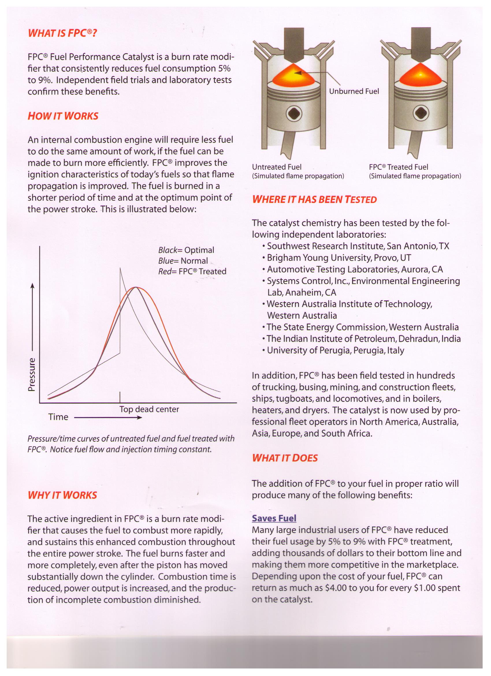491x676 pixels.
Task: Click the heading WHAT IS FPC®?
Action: pyautogui.click(x=62, y=33)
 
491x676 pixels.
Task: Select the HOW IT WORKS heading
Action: pyautogui.click(x=63, y=116)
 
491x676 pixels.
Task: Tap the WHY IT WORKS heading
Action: pyautogui.click(x=62, y=495)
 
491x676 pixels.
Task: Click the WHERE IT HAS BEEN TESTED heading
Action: pyautogui.click(x=315, y=200)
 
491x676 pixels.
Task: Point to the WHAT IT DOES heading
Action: pyautogui.click(x=285, y=458)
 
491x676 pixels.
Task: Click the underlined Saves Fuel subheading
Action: pyautogui.click(x=274, y=518)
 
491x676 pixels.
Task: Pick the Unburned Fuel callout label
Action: pyautogui.click(x=354, y=91)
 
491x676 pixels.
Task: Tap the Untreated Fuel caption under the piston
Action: pyautogui.click(x=277, y=167)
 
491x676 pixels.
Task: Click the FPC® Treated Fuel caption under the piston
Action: pyautogui.click(x=398, y=167)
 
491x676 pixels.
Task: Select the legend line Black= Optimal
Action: pyautogui.click(x=186, y=250)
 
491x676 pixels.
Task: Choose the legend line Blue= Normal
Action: pyautogui.click(x=183, y=261)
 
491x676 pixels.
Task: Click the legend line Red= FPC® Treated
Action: pyautogui.click(x=192, y=271)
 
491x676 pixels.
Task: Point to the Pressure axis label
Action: pyautogui.click(x=31, y=374)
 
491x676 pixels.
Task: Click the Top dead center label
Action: pyautogui.click(x=149, y=409)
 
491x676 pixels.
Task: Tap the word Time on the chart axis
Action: pyautogui.click(x=58, y=417)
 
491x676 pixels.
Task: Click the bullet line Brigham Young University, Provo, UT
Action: pyautogui.click(x=339, y=258)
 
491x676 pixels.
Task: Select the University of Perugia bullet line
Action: pyautogui.click(x=335, y=350)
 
